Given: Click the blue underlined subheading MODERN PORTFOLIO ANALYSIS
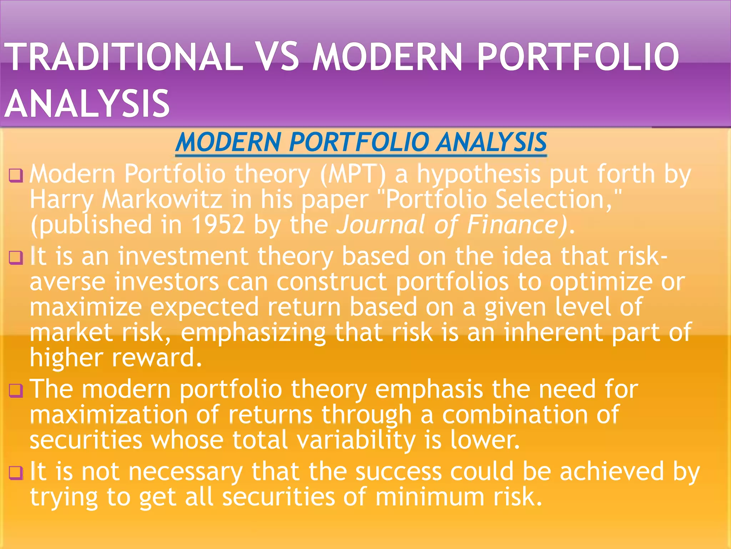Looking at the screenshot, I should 361,142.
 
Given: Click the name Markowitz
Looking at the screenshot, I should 162,199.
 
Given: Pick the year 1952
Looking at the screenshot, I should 218,224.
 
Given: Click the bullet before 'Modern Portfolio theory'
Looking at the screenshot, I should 16,175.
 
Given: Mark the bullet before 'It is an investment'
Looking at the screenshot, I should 16,257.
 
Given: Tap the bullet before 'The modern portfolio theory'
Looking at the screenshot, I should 16,390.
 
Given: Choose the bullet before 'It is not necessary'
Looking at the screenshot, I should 16,473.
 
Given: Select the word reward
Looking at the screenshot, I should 157,358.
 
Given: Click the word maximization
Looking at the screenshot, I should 109,415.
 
